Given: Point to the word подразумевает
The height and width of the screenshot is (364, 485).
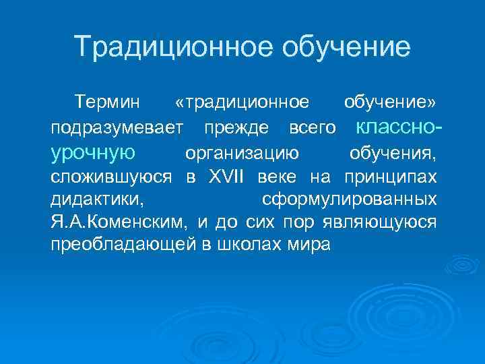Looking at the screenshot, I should click(112, 128).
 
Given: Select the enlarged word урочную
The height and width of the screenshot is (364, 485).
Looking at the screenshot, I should click(93, 152).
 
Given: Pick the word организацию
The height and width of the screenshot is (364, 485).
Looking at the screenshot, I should click(243, 154).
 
